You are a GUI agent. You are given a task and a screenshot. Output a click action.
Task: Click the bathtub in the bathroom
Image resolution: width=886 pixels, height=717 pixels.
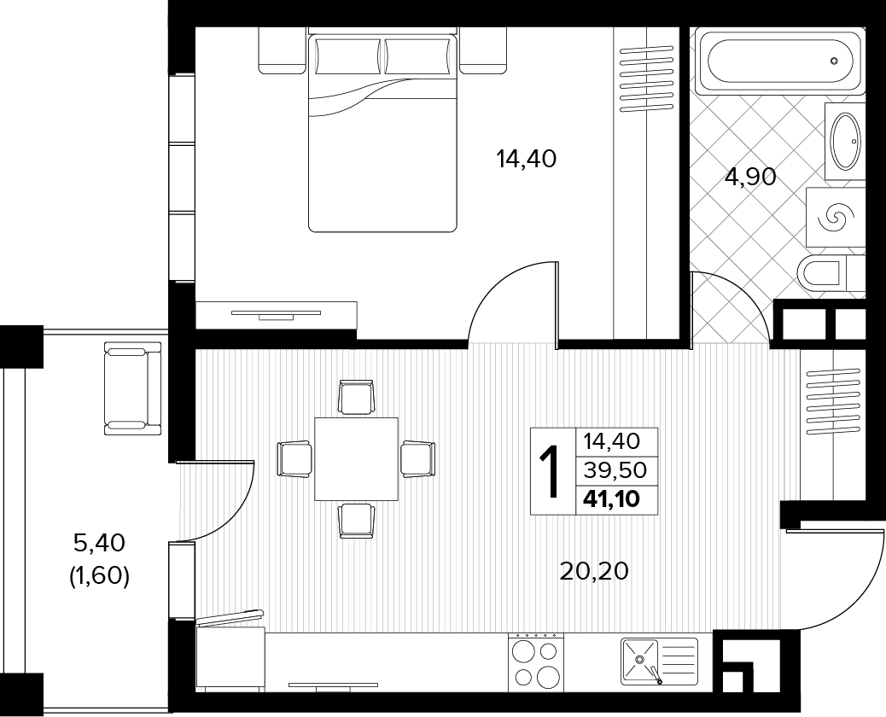(x=778, y=61)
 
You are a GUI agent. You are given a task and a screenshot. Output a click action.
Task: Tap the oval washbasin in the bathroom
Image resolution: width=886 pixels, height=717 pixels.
(x=845, y=141)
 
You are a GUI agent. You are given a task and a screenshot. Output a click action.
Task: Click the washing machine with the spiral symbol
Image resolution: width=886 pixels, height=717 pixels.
(x=836, y=217)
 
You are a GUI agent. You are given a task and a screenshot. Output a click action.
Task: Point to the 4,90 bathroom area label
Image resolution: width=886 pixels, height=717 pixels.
(x=750, y=178)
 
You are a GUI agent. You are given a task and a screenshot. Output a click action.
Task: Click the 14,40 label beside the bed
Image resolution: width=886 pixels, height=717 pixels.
(x=526, y=159)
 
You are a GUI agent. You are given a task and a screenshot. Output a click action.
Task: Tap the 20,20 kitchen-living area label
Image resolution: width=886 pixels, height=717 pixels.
(x=594, y=571)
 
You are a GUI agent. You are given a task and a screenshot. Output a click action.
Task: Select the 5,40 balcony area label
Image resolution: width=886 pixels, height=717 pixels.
(x=100, y=543)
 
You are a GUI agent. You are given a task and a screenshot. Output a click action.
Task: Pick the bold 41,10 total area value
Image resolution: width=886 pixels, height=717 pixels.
(x=614, y=499)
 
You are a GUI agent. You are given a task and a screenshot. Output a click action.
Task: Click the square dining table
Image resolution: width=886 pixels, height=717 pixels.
(x=356, y=459)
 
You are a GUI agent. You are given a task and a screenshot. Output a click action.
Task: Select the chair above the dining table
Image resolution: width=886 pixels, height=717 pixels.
(x=356, y=397)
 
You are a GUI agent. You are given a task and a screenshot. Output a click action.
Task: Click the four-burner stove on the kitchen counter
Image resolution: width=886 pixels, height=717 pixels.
(x=536, y=662)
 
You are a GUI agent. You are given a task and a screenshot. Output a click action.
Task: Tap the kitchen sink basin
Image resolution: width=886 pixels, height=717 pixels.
(x=640, y=661)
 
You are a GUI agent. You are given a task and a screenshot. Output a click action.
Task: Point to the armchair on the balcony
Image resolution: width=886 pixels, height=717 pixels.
(x=133, y=388)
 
